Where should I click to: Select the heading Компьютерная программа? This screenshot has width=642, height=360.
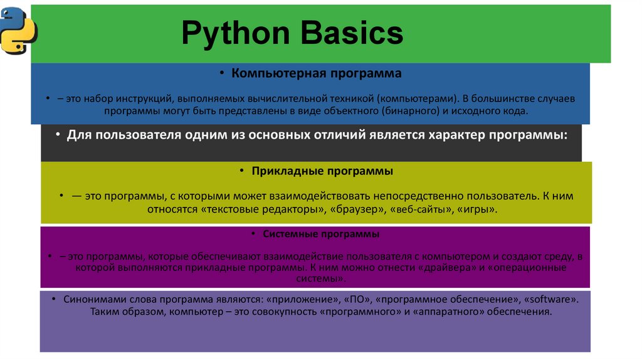tap(317, 74)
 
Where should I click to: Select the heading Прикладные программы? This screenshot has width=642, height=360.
tap(323, 171)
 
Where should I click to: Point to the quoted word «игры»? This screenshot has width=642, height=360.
tap(477, 208)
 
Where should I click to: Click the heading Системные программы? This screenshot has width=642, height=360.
tap(321, 235)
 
